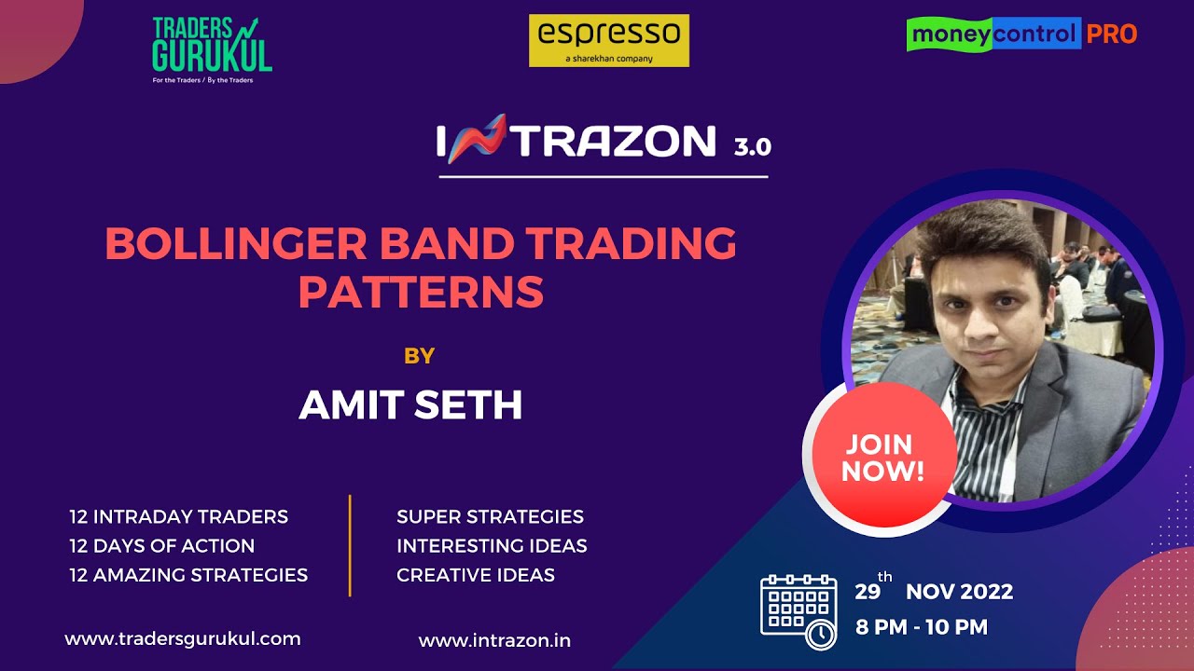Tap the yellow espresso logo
[x=608, y=40]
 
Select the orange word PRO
[x=1111, y=34]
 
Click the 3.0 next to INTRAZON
[x=752, y=146]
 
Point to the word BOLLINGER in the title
[x=238, y=244]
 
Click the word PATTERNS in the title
[x=421, y=292]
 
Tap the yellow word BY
[x=419, y=355]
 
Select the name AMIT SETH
[x=410, y=405]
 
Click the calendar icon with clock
[x=798, y=611]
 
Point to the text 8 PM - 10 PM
[x=921, y=627]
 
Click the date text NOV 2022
[x=959, y=592]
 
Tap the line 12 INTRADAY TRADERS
[x=178, y=516]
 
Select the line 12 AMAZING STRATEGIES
[x=187, y=575]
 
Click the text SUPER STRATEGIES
[x=490, y=516]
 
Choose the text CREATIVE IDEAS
[x=476, y=575]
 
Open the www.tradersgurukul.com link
[x=183, y=639]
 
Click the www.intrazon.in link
[x=494, y=640]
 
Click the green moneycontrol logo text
[x=993, y=34]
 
